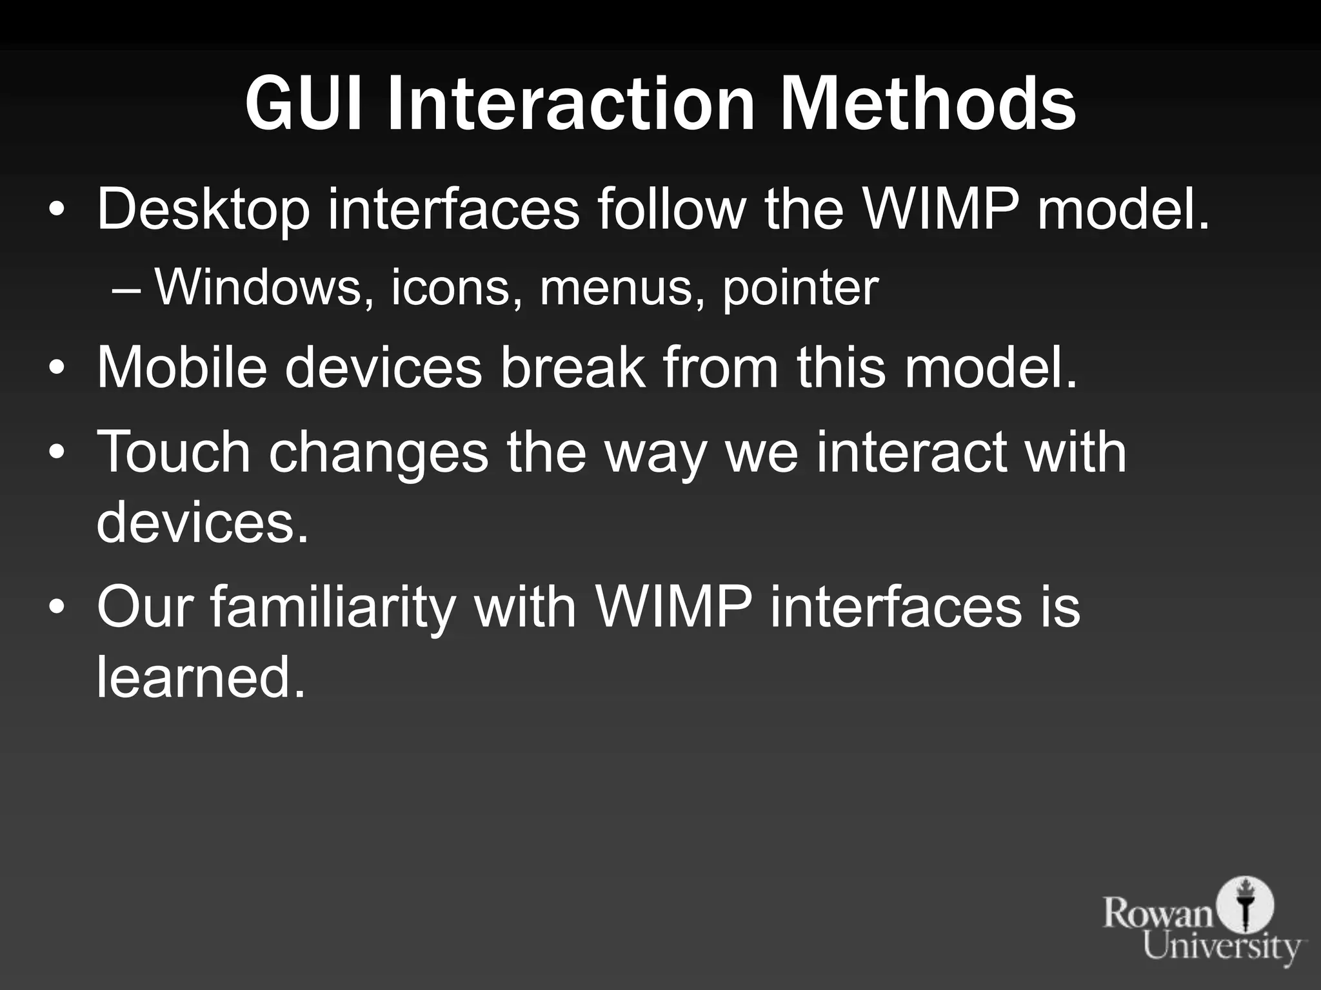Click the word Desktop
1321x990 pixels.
click(203, 209)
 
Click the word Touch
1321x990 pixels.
click(174, 451)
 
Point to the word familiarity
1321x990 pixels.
click(333, 609)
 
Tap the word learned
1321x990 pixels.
click(200, 677)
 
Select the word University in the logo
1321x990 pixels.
click(1222, 947)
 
